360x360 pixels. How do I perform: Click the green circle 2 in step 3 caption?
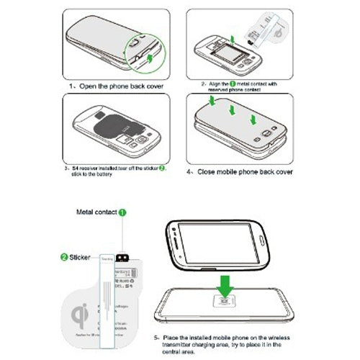point(162,166)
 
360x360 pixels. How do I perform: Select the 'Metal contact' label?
point(97,213)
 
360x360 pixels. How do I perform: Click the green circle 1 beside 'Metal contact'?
point(123,213)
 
